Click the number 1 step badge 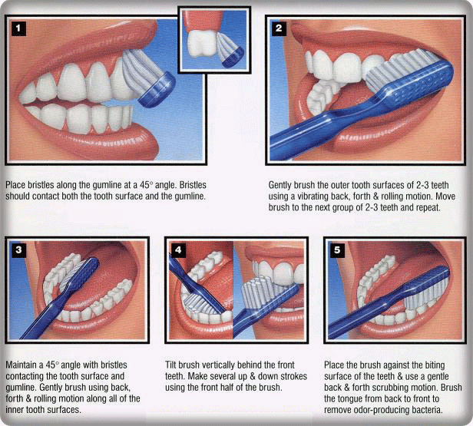[x=18, y=28]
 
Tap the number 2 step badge [x=279, y=28]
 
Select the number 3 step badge [x=18, y=250]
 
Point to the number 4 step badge [x=178, y=250]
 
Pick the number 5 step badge [x=337, y=250]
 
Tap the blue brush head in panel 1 [x=157, y=90]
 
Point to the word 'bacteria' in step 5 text [x=425, y=410]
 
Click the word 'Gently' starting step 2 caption [x=280, y=185]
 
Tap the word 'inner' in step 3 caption [x=15, y=410]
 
